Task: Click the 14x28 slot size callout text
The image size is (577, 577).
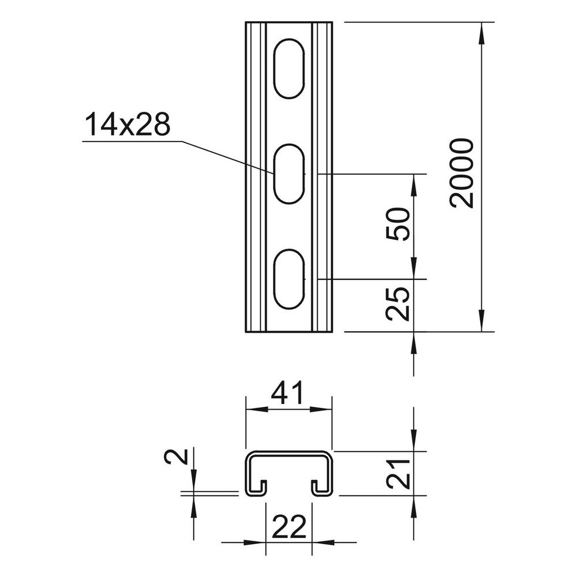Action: click(128, 125)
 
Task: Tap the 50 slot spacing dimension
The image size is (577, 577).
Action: click(398, 224)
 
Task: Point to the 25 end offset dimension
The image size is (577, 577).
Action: click(398, 304)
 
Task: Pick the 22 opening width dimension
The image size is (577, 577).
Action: click(289, 526)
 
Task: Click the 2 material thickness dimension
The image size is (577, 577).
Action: click(176, 456)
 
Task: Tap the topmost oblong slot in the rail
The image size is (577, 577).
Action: click(289, 69)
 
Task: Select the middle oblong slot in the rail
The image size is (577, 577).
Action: click(289, 173)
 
